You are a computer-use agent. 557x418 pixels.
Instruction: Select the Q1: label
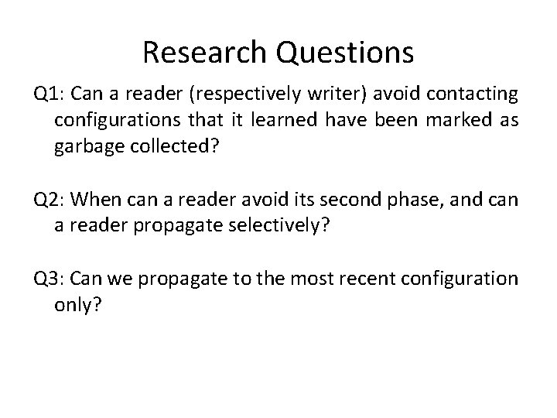click(x=50, y=95)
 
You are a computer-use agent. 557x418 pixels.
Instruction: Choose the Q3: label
click(x=50, y=277)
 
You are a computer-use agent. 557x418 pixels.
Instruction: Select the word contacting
click(x=474, y=95)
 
